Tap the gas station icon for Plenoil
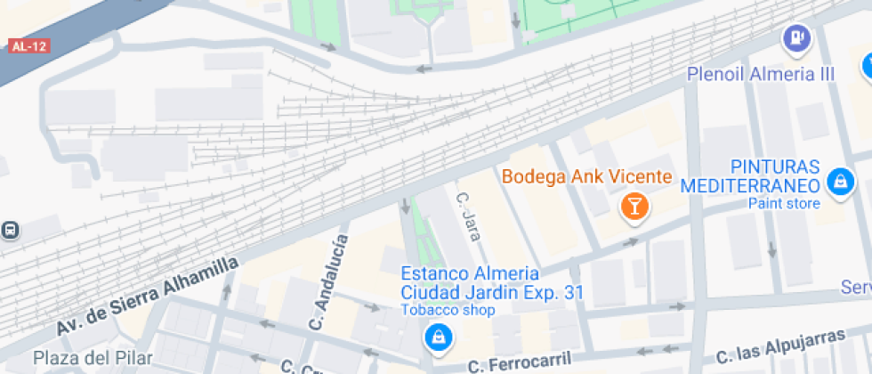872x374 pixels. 794,38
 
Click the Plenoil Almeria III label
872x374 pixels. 761,74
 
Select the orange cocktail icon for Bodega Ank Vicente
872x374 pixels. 634,207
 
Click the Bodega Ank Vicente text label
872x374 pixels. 586,176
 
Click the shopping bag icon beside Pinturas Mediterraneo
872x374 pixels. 838,183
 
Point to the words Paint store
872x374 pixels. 784,204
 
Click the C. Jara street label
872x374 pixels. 468,216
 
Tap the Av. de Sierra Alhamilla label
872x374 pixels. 148,297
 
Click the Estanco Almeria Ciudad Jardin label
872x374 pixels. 490,282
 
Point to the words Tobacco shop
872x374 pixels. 447,310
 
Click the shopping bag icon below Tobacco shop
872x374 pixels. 437,337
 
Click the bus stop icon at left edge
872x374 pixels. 10,231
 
